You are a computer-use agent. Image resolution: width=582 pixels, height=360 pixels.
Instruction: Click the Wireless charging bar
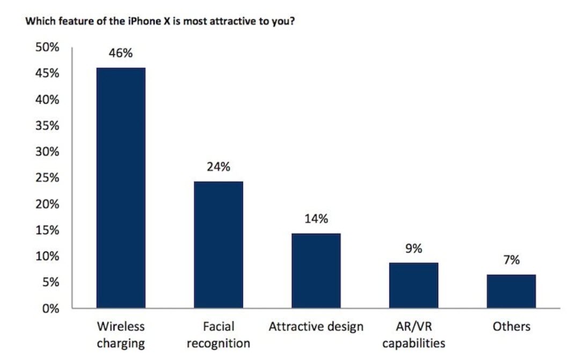point(121,188)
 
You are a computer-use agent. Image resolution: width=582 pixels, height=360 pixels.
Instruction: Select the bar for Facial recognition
point(219,244)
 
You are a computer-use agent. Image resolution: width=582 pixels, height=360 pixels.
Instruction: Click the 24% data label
point(219,167)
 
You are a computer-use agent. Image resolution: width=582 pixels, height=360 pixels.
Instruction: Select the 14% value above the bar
point(316,219)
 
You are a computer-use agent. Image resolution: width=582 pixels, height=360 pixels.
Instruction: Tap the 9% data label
point(413,249)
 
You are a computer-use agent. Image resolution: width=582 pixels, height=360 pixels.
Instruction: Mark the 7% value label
point(511,261)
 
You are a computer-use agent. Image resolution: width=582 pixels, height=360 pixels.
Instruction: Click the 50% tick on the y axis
point(47,47)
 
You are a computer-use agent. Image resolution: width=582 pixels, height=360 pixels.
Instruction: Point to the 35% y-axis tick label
point(47,126)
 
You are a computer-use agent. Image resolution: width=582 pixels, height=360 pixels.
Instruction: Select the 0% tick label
point(50,308)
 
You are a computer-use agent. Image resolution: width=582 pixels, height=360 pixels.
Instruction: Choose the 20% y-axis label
point(47,204)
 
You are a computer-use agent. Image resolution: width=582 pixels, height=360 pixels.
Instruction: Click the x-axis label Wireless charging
point(121,334)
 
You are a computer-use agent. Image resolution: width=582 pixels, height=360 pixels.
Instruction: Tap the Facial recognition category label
point(219,334)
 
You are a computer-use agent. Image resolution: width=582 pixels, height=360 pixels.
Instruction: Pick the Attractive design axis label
point(316,327)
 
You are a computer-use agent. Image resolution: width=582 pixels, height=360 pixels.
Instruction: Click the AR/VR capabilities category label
point(413,334)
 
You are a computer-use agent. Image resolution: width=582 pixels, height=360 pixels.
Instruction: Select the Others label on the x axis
point(511,327)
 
